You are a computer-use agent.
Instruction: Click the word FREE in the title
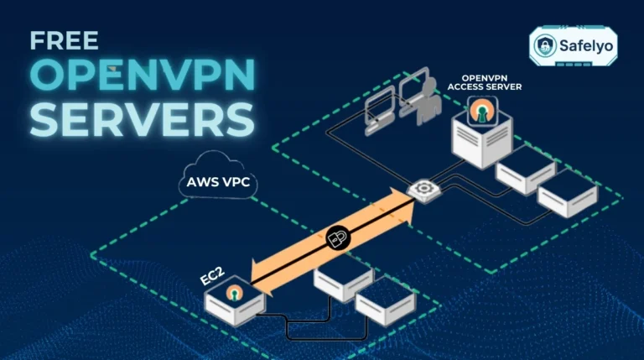point(64,39)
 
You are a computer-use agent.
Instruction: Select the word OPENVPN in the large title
point(140,77)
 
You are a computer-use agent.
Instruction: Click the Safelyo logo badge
point(574,44)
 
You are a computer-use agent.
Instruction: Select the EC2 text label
point(213,275)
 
